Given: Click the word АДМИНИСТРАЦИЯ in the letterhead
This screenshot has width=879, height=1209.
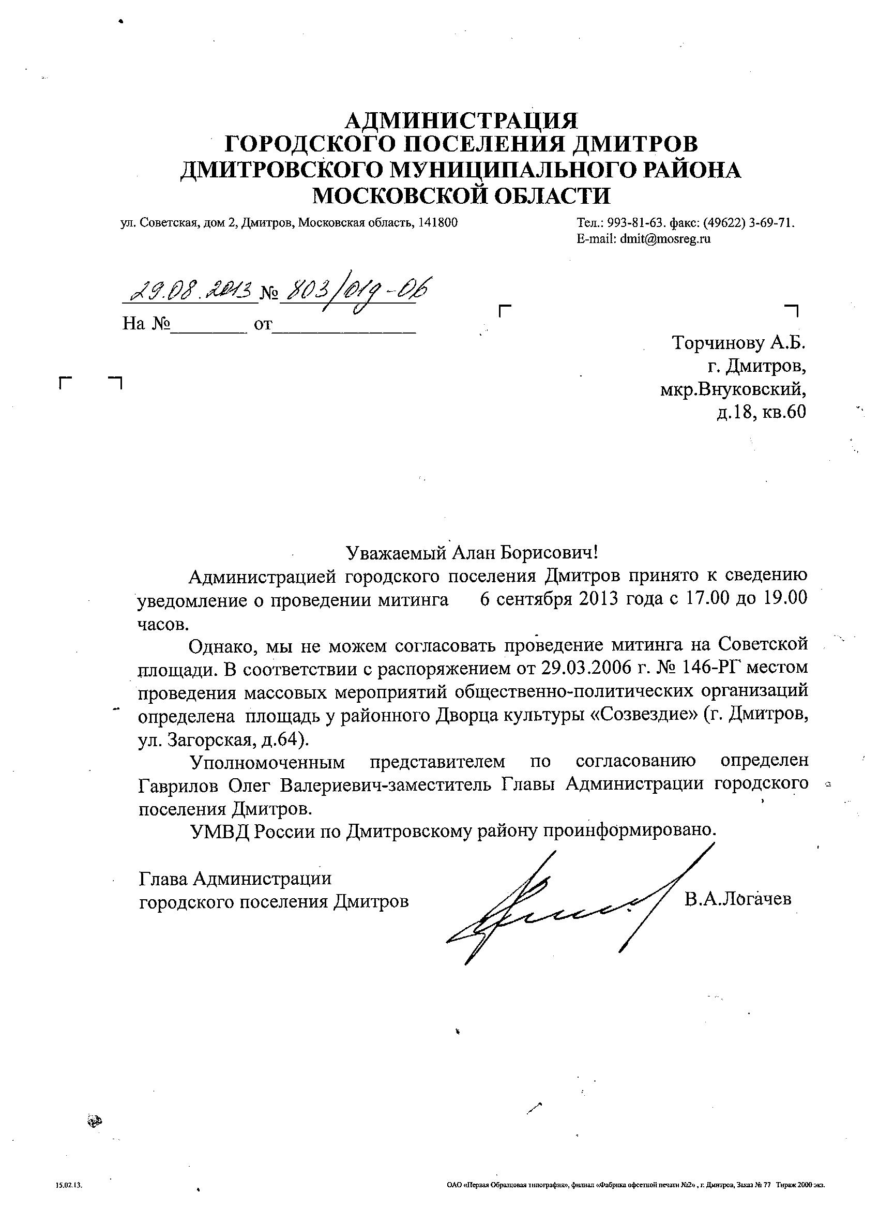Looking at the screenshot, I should click(x=461, y=120).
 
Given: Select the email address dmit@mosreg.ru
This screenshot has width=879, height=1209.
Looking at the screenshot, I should click(x=665, y=239).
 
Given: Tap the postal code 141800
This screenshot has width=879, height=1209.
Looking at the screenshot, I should click(x=437, y=222).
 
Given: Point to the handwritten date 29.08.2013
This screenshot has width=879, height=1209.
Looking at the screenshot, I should click(x=189, y=291).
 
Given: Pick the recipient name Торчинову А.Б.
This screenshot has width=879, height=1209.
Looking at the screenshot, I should click(x=739, y=342).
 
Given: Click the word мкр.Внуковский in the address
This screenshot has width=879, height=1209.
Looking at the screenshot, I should click(x=733, y=390).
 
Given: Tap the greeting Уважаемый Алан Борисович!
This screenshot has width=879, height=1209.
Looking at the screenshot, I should click(x=471, y=552).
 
